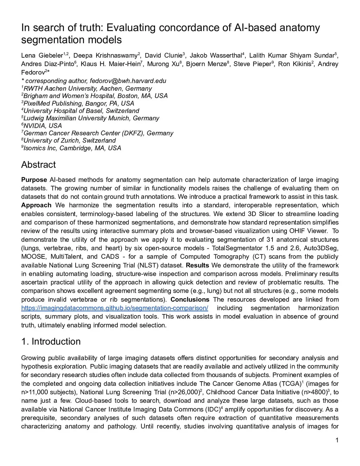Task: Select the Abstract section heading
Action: pyautogui.click(x=38, y=165)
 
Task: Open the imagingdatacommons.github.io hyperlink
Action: pyautogui.click(x=115, y=308)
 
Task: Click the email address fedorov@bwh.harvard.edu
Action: pyautogui.click(x=128, y=81)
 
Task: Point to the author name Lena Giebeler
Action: pyautogui.click(x=42, y=56)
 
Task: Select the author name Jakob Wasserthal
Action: pyautogui.click(x=216, y=56)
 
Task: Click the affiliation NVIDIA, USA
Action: pyautogui.click(x=42, y=126)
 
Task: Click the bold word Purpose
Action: pyautogui.click(x=34, y=180)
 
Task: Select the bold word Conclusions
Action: pyautogui.click(x=190, y=300)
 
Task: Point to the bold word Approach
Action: pyautogui.click(x=36, y=205)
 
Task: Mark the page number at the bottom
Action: pyautogui.click(x=337, y=440)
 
